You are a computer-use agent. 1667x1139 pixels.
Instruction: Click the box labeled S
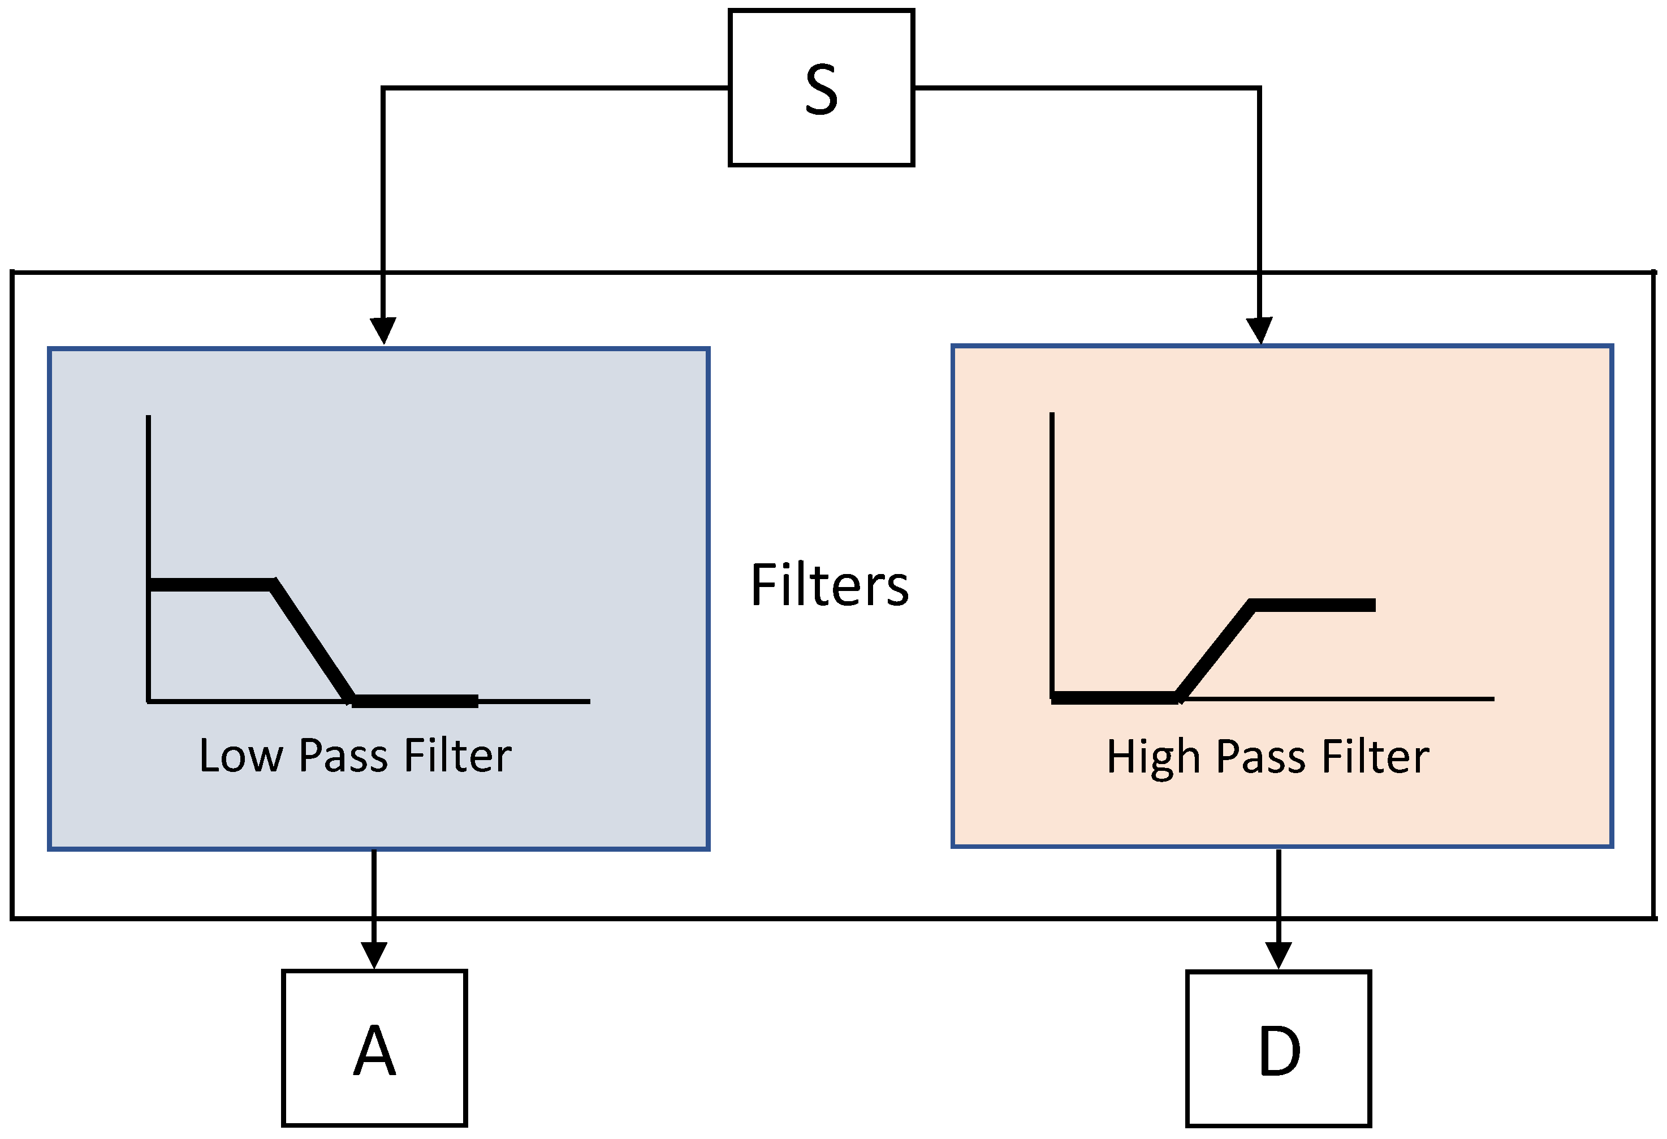[820, 88]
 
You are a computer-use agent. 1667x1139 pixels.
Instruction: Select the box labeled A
[374, 1048]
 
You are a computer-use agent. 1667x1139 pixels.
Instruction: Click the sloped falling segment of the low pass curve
[313, 642]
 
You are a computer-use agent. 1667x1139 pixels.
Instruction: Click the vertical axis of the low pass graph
[149, 502]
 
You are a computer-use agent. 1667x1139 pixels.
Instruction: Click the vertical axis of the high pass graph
[1052, 502]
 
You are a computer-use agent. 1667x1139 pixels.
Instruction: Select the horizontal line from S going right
[1087, 88]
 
